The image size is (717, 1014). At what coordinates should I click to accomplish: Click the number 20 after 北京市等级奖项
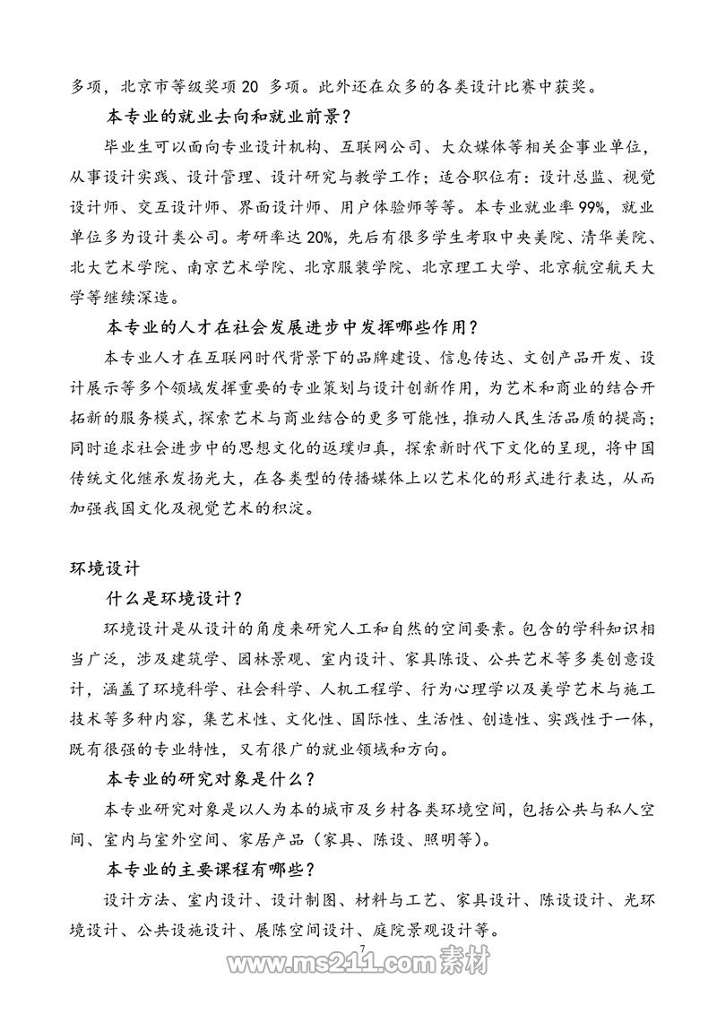point(249,88)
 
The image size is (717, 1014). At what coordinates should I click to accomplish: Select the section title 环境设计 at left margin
point(105,568)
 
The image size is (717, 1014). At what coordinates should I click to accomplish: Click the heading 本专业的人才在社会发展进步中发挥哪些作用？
point(292,327)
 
